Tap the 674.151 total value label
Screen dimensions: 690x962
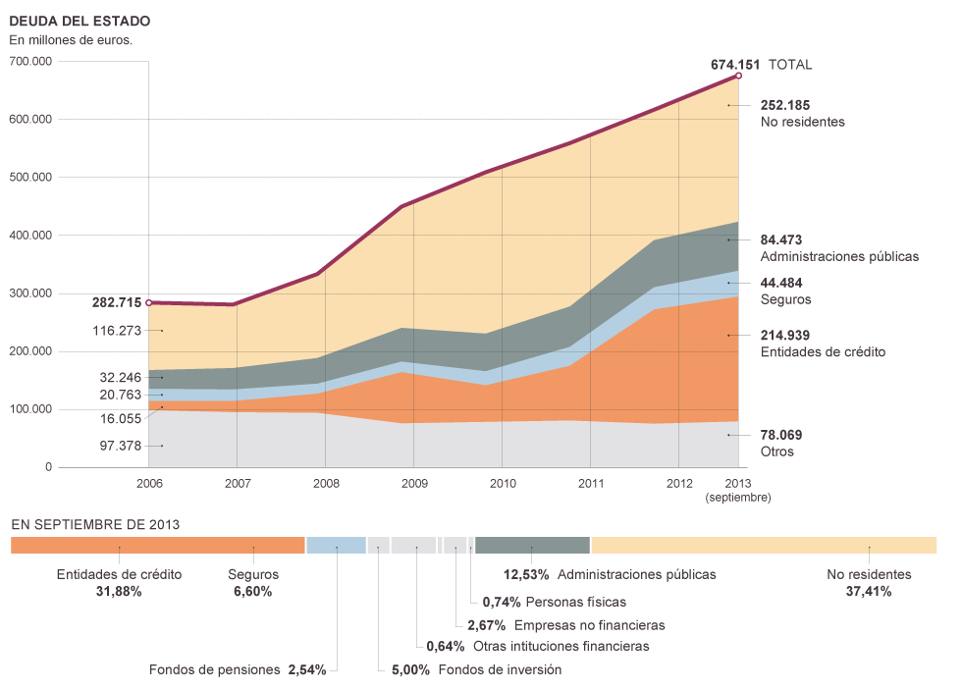[x=735, y=65]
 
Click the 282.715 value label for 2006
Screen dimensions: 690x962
[x=116, y=302]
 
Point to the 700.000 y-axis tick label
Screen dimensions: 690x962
[x=29, y=61]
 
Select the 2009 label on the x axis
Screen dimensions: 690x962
[x=413, y=484]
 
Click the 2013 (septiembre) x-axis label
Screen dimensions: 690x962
[x=738, y=490]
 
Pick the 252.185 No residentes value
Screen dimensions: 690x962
[x=785, y=105]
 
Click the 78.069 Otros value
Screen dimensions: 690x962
[x=781, y=435]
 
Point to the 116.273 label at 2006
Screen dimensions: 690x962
[x=116, y=331]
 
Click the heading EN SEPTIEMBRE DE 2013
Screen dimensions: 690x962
[x=95, y=524]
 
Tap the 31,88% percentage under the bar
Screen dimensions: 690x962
[x=119, y=592]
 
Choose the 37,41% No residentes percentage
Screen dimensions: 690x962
[x=869, y=592]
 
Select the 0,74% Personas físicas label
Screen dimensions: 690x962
[x=554, y=602]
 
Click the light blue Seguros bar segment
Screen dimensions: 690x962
[x=336, y=545]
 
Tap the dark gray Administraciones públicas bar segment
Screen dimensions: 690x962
[x=532, y=545]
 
